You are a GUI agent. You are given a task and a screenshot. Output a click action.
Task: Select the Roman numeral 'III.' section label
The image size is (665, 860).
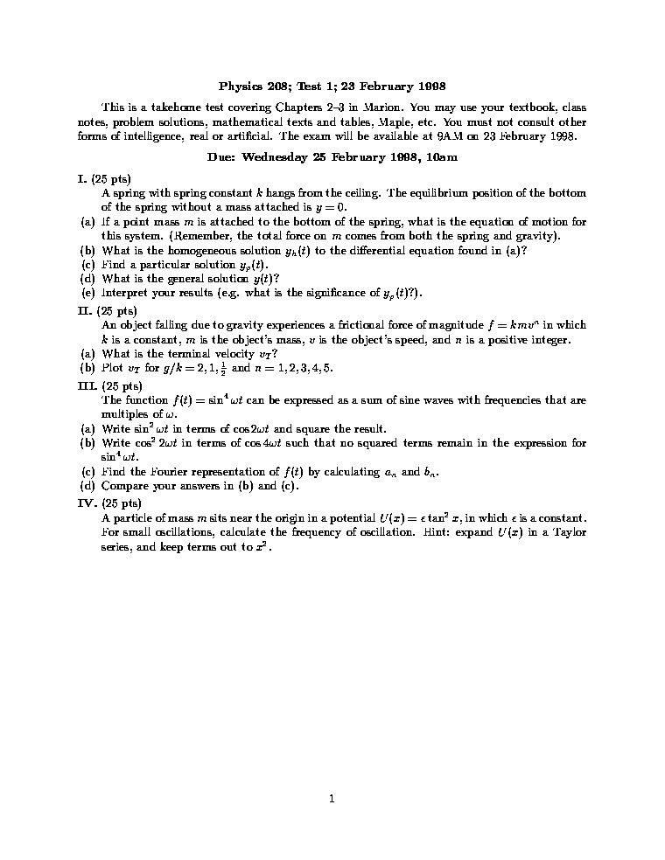86,385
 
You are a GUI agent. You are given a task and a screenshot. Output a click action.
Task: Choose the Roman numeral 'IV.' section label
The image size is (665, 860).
86,503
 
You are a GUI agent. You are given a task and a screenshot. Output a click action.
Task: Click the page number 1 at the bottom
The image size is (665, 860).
332,797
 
